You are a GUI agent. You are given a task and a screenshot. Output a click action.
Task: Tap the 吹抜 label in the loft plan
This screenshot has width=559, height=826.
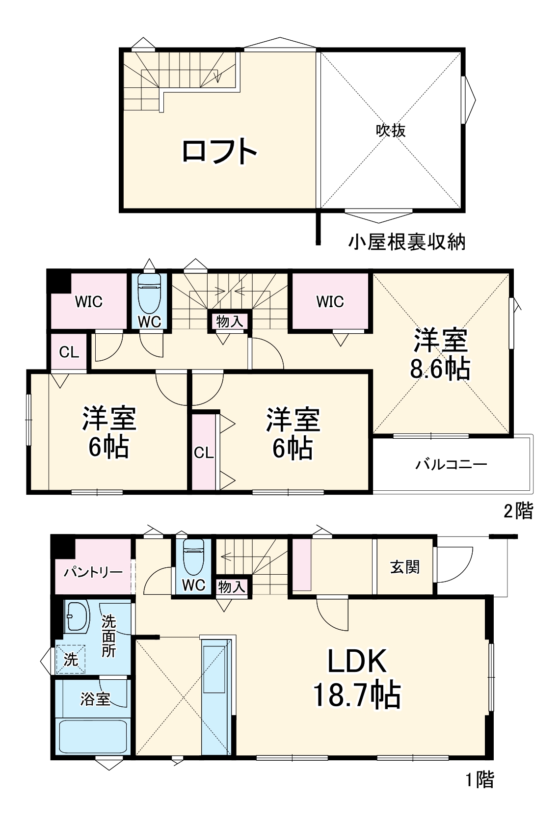click(391, 130)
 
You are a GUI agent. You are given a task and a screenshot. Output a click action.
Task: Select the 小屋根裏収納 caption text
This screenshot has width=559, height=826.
click(407, 242)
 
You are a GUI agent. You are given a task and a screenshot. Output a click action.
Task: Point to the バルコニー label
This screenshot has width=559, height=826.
click(452, 464)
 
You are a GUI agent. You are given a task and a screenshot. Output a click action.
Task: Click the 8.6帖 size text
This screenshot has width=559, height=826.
click(440, 369)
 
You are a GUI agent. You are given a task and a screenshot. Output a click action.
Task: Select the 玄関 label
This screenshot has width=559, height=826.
click(405, 567)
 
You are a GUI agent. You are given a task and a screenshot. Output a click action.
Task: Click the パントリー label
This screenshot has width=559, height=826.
click(93, 572)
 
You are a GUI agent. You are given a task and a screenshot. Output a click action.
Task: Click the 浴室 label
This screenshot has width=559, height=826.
click(95, 699)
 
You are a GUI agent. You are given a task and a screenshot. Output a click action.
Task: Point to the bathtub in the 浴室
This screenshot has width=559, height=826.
click(92, 736)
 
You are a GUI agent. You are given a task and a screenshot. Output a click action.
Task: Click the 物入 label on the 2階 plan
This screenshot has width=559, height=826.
click(230, 321)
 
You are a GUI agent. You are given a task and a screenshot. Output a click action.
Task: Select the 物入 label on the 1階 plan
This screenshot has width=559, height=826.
click(231, 586)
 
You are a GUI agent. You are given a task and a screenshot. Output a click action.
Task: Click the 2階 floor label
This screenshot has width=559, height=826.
click(518, 511)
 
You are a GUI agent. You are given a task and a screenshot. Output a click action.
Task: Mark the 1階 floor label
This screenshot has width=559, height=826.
click(479, 780)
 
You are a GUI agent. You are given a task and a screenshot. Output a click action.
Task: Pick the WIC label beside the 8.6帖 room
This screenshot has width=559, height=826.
click(330, 301)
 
